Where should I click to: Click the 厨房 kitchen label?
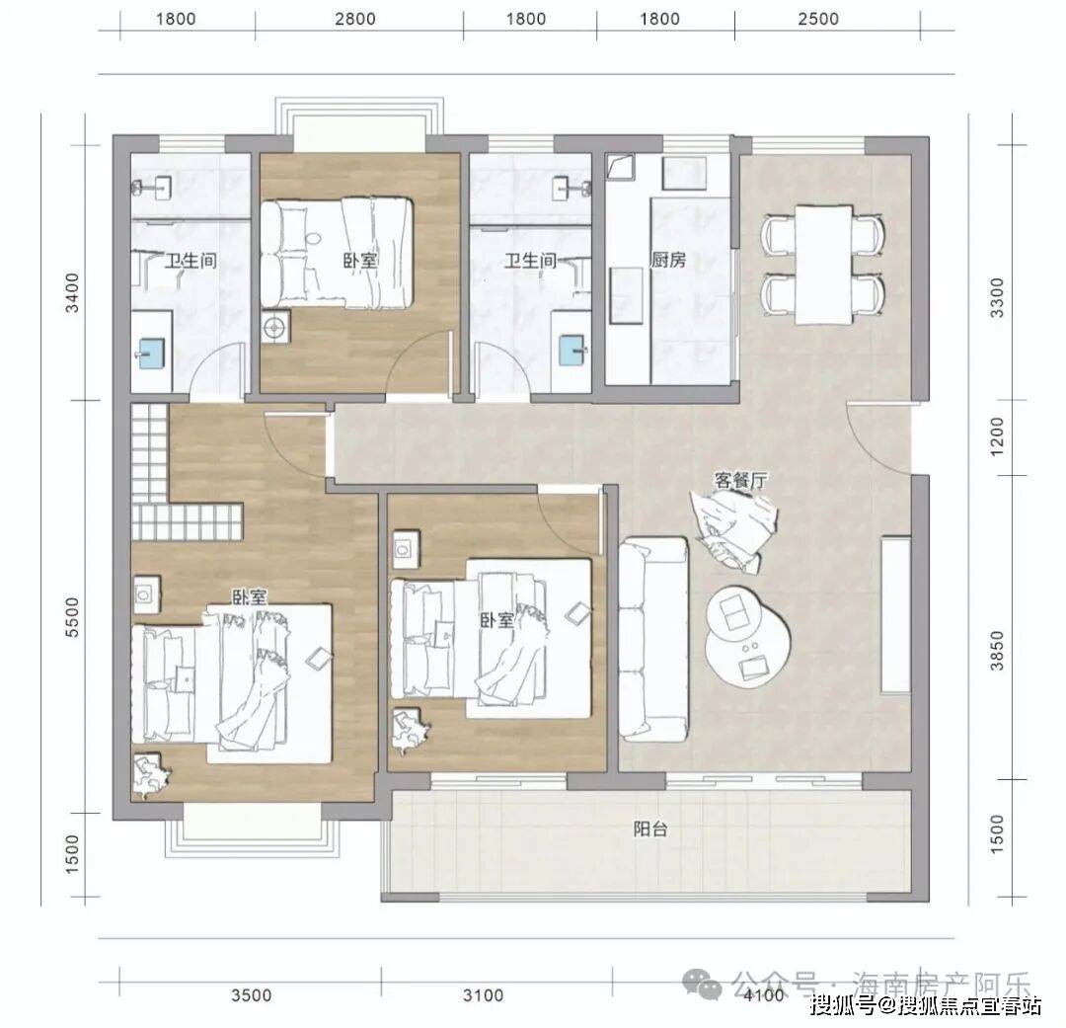(668, 260)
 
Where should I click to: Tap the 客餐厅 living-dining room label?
(741, 480)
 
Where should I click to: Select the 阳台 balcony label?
(649, 830)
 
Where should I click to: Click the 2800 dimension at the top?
(355, 19)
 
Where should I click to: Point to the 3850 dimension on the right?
(997, 651)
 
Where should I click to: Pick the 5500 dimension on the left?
(72, 617)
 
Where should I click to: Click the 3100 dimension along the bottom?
(484, 996)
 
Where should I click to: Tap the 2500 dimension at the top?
(818, 19)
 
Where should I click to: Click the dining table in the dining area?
(823, 265)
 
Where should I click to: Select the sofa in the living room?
(654, 639)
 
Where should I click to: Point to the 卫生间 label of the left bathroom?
(190, 261)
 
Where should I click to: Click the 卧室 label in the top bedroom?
(359, 261)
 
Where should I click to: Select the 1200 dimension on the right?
(997, 436)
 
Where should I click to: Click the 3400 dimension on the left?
(72, 292)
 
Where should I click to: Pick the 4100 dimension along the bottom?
(764, 996)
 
